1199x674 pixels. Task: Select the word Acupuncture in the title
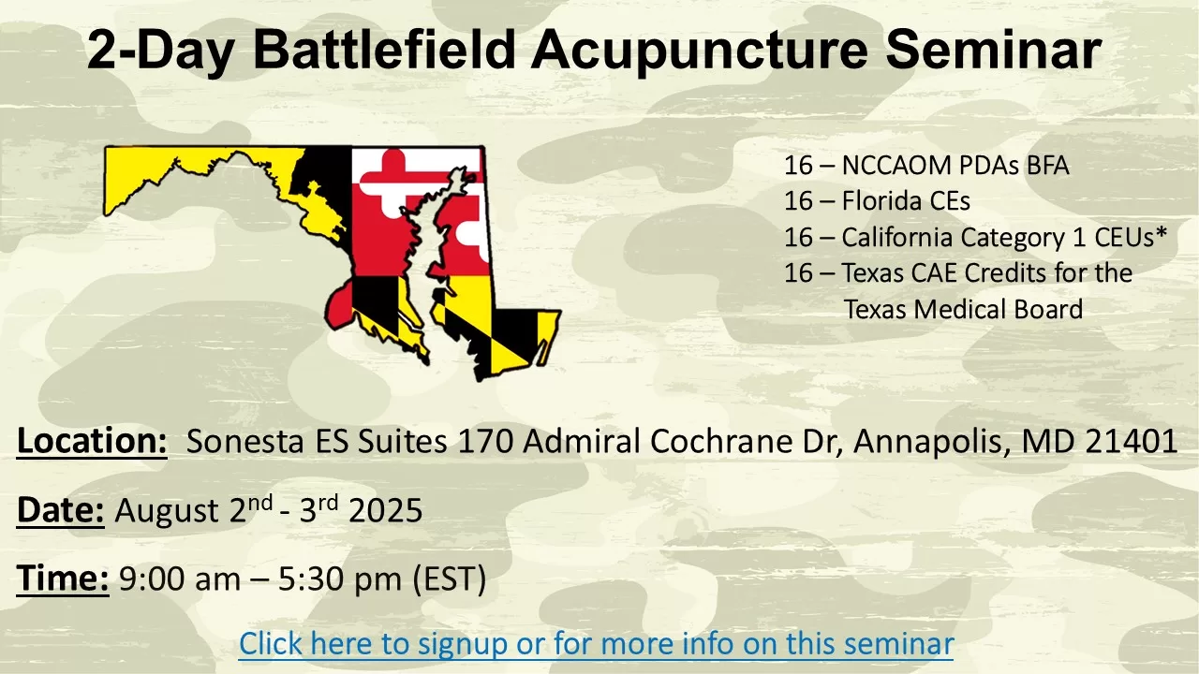point(699,51)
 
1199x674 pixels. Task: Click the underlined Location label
point(92,442)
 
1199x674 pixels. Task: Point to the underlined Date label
point(61,510)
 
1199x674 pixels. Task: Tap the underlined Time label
point(63,579)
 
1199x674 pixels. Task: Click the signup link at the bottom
point(597,643)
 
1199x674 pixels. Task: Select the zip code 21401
point(1131,441)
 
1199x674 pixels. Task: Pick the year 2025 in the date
point(385,510)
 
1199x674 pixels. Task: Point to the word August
point(167,511)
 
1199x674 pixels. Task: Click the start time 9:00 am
point(179,579)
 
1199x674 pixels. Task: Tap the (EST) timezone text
point(450,579)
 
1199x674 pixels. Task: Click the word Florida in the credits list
point(880,201)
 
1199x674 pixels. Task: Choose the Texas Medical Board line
point(964,309)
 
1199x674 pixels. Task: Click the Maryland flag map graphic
point(332,262)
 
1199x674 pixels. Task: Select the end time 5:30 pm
point(339,579)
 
